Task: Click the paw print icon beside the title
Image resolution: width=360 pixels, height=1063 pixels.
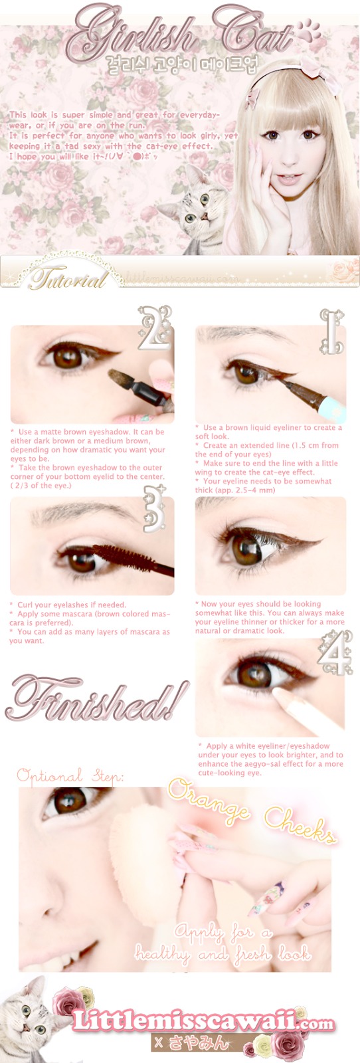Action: coord(308,31)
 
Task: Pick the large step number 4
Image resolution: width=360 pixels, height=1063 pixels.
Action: coord(334,654)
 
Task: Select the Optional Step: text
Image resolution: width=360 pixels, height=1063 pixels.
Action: coord(70,775)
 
